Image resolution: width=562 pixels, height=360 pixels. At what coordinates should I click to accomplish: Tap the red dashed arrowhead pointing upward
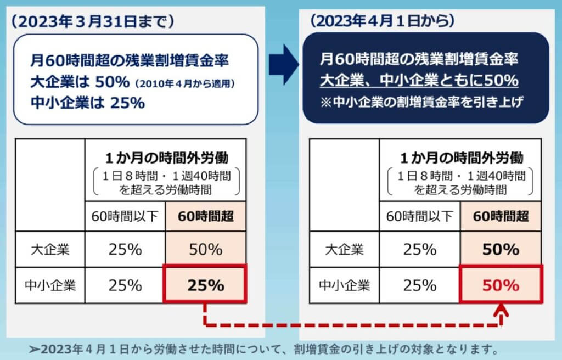501,312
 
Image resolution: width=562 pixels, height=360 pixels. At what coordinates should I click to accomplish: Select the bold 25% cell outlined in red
206,285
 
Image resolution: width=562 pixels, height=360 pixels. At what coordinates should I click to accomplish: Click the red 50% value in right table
501,285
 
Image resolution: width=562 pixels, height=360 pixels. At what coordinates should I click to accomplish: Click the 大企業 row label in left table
50,250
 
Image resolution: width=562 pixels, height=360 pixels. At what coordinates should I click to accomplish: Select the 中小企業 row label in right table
344,285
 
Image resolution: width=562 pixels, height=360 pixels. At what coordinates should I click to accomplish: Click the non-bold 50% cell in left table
206,250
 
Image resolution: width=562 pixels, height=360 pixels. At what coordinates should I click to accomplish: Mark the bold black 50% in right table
501,250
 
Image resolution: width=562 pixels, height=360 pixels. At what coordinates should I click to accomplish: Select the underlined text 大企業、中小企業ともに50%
419,81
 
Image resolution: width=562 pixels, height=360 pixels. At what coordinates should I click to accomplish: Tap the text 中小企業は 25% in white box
88,102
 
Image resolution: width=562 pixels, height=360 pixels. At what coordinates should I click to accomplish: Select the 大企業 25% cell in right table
419,250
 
